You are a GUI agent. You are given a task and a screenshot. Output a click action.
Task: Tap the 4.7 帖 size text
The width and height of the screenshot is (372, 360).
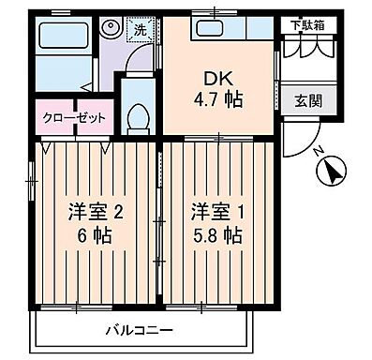click(x=217, y=99)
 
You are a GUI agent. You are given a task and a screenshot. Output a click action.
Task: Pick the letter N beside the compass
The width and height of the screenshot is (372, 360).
click(x=320, y=153)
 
